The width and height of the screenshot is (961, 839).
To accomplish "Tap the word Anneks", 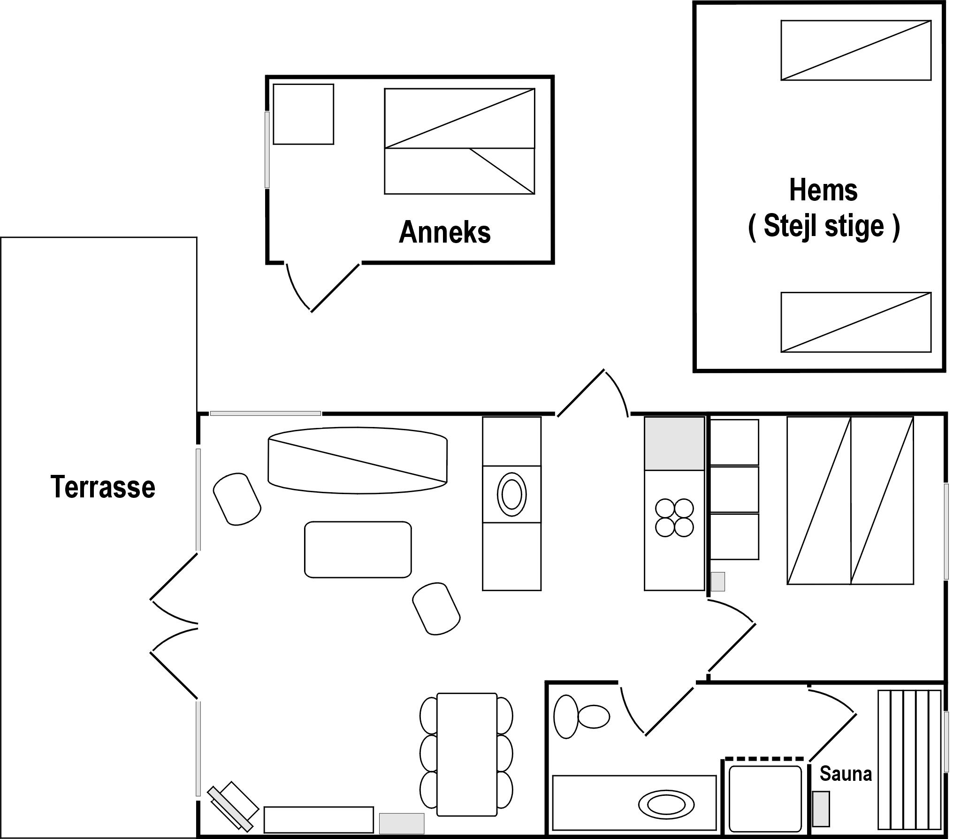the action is tap(444, 232).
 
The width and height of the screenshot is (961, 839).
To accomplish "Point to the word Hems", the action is tap(824, 190).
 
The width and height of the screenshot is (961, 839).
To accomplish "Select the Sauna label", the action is tap(846, 773).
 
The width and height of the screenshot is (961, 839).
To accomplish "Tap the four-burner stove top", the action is tap(674, 518).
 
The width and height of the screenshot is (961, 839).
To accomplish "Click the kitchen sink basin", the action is tap(511, 494).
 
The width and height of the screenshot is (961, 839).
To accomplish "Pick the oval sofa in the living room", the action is tap(358, 460).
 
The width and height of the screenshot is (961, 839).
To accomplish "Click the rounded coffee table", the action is tap(358, 549).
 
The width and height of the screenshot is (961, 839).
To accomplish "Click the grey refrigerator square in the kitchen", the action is tap(674, 443).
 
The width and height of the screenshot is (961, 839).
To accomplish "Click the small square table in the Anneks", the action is tap(304, 114).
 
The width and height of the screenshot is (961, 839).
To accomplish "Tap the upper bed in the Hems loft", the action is tap(856, 50).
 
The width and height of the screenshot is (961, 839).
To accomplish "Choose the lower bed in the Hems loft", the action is tap(856, 322).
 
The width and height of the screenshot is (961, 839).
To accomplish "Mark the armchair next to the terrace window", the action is tap(237, 499).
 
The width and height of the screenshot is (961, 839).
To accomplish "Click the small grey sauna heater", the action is tap(821, 809).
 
